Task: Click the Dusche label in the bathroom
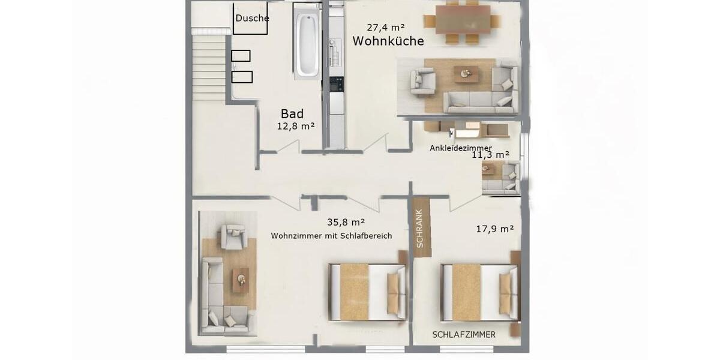point(251,19)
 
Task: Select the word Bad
point(292,113)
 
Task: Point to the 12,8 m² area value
point(296,126)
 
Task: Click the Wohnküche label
point(388,41)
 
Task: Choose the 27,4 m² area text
point(385,27)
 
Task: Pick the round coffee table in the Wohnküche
point(466,74)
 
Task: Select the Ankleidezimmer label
point(461,148)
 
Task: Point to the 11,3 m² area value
point(490,155)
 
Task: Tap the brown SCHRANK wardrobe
point(421,227)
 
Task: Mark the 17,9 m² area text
point(494,229)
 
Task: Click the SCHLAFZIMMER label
point(464,334)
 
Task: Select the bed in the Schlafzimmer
point(481,292)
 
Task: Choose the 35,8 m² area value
point(346,221)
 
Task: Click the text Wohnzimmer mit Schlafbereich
point(331,236)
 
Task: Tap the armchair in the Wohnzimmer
point(233,236)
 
